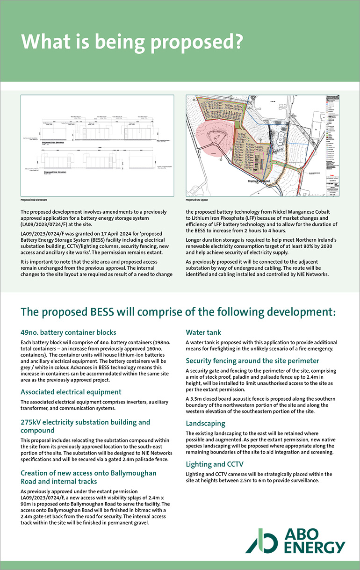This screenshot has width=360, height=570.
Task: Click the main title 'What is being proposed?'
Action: pos(132,42)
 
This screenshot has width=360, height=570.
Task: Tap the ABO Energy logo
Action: pos(295,541)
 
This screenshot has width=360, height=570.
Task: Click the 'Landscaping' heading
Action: pos(206,423)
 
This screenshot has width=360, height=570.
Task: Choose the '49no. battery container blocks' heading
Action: pos(68,332)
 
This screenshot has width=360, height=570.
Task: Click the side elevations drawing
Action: pos(97,145)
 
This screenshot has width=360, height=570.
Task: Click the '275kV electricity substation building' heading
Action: pos(86,422)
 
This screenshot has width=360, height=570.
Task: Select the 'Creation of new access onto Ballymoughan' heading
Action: pos(88,473)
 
